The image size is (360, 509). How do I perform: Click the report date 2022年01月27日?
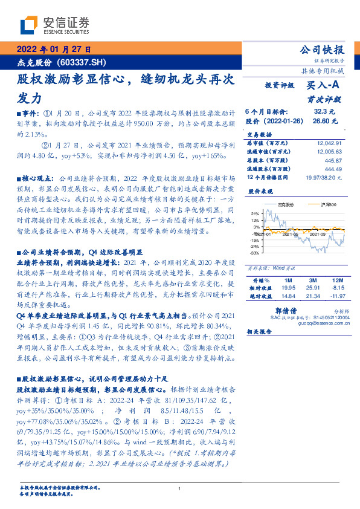tap(53, 50)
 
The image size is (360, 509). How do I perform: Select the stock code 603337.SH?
tap(82, 62)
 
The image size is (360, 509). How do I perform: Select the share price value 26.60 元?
tap(321, 121)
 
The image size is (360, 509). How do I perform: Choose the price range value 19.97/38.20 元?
tap(324, 177)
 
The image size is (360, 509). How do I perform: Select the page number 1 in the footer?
tap(179, 489)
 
